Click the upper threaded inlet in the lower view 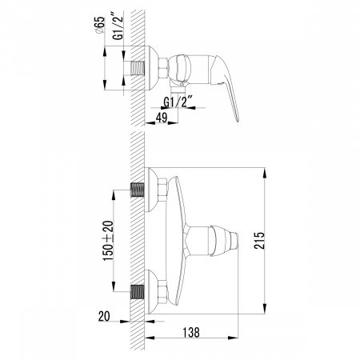[138, 192]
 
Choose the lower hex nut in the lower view [156, 290]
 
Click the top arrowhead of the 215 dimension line [266, 171]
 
